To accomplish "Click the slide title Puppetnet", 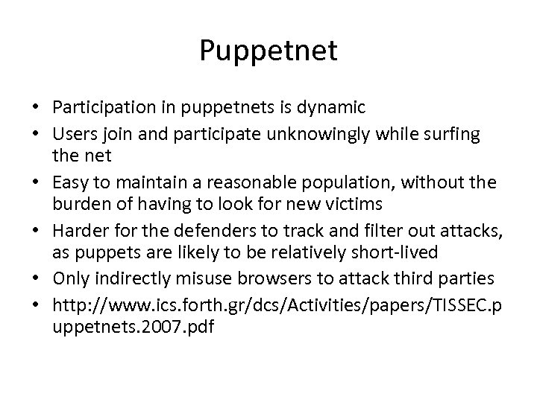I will point(268,51).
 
